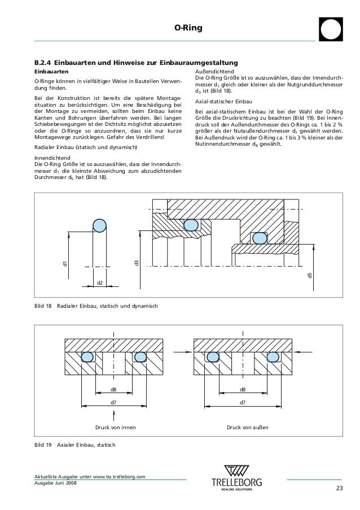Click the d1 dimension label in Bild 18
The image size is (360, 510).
pyautogui.click(x=65, y=264)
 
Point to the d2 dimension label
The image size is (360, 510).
pyautogui.click(x=100, y=282)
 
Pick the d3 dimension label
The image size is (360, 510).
pyautogui.click(x=136, y=263)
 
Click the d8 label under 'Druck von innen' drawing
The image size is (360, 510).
pyautogui.click(x=113, y=390)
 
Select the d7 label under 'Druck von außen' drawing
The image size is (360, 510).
pyautogui.click(x=243, y=402)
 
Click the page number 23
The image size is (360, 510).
pyautogui.click(x=339, y=489)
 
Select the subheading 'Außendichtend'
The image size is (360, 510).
pyautogui.click(x=210, y=72)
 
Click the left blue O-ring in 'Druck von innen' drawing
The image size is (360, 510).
pyautogui.click(x=87, y=357)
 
